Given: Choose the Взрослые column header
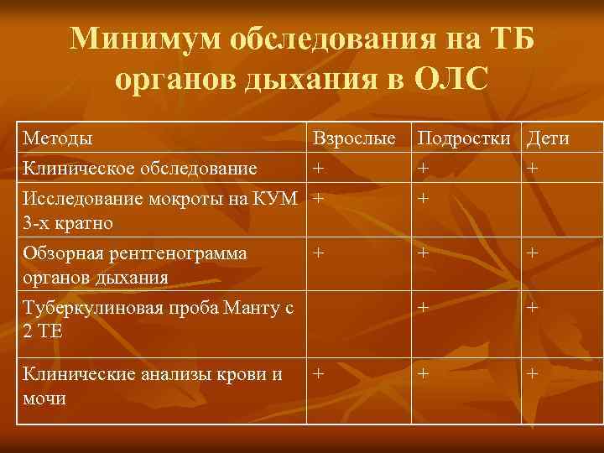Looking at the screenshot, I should pos(355,138).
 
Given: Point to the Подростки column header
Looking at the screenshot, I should pos(466,138).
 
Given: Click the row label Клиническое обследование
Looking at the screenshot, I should pos(140,168).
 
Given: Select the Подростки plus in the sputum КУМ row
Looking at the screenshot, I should pos(424,198).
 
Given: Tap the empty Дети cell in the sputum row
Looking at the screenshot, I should pos(561,210).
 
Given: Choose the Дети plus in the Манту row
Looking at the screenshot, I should pos(532,307).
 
